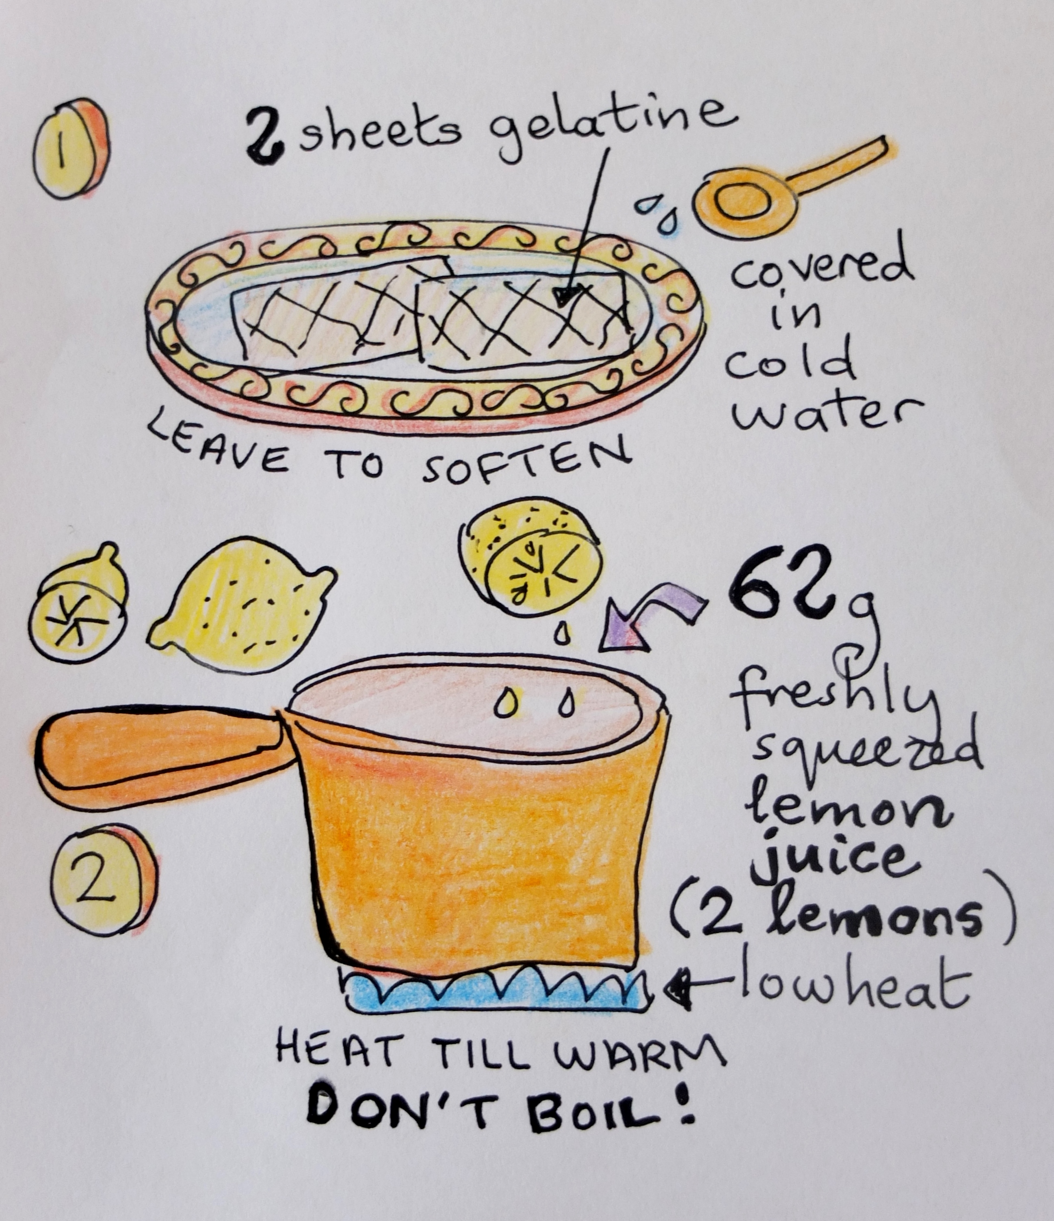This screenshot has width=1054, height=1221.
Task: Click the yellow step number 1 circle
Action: point(71,149)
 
